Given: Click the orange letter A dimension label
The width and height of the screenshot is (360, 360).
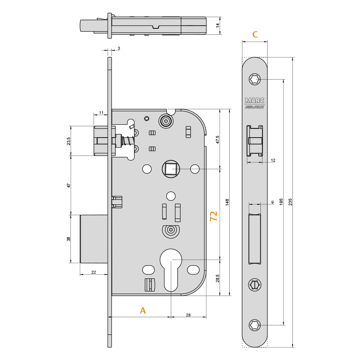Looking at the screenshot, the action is tap(143, 310).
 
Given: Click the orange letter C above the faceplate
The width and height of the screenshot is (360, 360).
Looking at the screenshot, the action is tap(255, 34).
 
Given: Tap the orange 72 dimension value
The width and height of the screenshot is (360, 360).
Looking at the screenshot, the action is tap(214, 216).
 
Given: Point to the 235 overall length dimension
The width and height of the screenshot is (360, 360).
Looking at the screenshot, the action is tap(290, 202).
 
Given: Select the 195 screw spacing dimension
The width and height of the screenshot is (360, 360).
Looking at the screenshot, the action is tap(281, 202).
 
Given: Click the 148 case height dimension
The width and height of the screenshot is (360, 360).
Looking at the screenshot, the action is tap(227, 202).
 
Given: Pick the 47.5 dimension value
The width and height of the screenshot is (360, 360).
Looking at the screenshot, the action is tap(218, 139).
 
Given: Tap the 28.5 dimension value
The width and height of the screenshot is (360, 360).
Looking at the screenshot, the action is tap(218, 278).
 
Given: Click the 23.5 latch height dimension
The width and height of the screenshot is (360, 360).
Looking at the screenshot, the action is tap(68, 141).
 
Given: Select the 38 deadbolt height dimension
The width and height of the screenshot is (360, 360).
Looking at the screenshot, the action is tap(68, 239).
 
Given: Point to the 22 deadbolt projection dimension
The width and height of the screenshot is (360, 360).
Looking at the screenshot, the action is tap(94, 272).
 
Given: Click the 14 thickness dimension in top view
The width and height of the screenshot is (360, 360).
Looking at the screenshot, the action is tap(218, 25).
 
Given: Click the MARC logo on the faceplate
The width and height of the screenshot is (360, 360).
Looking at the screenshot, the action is tap(255, 100).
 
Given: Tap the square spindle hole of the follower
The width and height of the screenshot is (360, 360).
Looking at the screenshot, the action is tap(171, 169).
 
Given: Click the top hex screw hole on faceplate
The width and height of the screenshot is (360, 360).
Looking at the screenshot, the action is tap(255, 80).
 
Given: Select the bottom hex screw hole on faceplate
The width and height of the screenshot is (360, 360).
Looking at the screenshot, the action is tap(255, 325).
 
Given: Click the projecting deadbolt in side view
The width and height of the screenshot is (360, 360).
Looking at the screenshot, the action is tap(94, 239).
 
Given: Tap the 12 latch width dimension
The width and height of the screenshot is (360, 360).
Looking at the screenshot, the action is tap(273, 160).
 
